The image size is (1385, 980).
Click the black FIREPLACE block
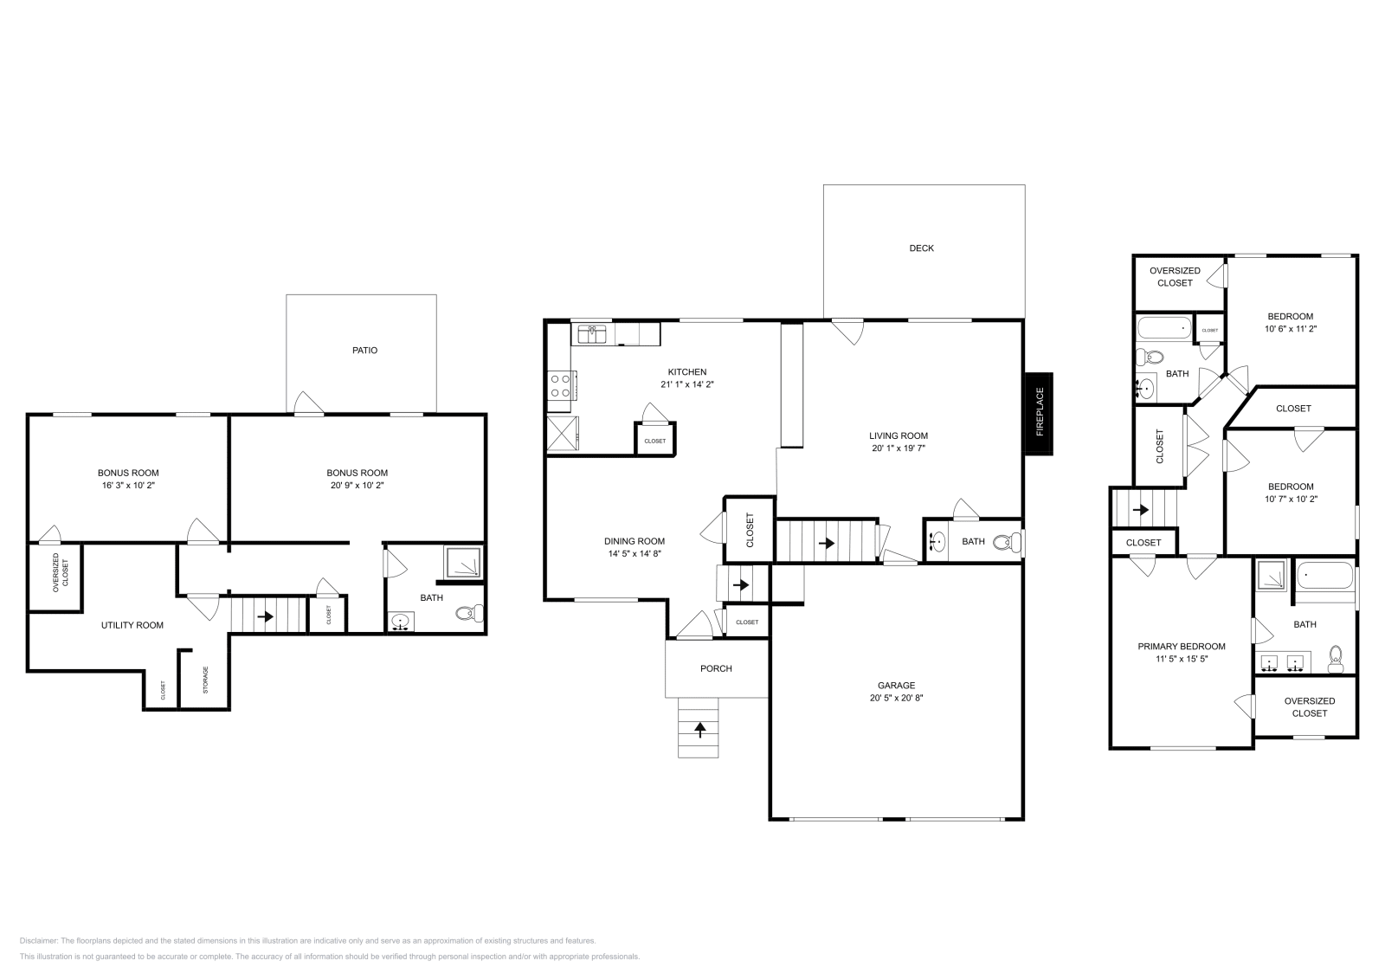coord(1039,413)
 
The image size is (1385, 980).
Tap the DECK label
coord(921,248)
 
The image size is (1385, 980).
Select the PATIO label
coord(364,351)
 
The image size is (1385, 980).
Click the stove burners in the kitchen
coord(560,385)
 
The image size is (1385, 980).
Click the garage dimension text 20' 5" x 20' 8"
coord(895,698)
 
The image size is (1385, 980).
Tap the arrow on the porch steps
coord(699,729)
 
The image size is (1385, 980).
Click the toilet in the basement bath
coord(467,614)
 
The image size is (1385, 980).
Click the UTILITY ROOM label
coord(132,625)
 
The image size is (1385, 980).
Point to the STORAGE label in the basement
coord(205,680)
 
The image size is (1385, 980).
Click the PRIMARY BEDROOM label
coord(1181,647)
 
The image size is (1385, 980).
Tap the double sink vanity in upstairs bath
coord(1282,664)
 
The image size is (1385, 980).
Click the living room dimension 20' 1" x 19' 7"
coord(899,448)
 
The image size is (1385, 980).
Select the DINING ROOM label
coord(635,541)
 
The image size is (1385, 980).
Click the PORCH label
coord(716,668)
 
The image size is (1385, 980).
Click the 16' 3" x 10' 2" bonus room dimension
coord(128,486)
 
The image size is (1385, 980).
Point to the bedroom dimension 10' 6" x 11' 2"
coord(1290,329)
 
